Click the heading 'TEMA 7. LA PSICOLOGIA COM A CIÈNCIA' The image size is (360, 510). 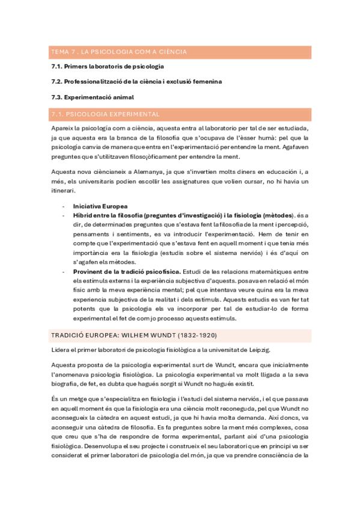pos(118,52)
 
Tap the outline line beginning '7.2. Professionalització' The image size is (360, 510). pos(136,81)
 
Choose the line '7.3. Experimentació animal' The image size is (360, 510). pos(92,96)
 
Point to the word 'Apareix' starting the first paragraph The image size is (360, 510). pos(61,128)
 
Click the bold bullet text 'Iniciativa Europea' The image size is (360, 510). pos(100,206)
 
